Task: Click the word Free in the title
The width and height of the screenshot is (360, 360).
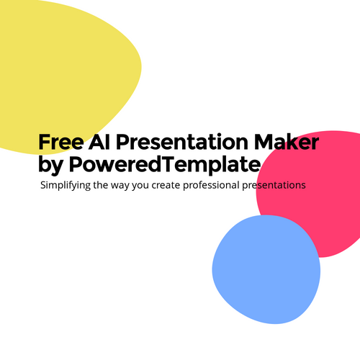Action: point(61,142)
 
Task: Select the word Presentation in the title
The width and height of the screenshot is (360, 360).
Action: point(182,142)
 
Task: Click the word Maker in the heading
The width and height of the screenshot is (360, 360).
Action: point(287,142)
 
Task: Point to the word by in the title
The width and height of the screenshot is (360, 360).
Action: point(50,165)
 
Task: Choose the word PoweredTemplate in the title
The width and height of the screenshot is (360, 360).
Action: point(165,165)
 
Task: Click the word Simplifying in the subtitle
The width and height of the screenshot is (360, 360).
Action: point(66,186)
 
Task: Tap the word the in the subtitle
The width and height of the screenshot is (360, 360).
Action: point(101,185)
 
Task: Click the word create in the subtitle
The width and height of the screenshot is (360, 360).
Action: point(166,185)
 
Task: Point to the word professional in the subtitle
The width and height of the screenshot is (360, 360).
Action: point(211,186)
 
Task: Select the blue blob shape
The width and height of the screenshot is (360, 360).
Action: point(266,269)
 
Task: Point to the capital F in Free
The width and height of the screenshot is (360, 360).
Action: point(45,142)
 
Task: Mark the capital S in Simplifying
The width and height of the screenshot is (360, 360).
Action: point(43,185)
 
